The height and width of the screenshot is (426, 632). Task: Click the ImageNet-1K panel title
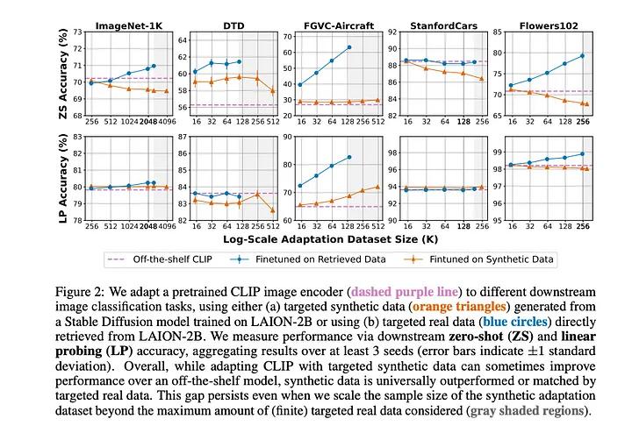(122, 27)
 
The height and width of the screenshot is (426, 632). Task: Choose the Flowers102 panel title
(545, 27)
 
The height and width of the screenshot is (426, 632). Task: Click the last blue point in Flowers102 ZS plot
(583, 56)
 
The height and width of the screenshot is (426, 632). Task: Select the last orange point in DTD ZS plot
(273, 90)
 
